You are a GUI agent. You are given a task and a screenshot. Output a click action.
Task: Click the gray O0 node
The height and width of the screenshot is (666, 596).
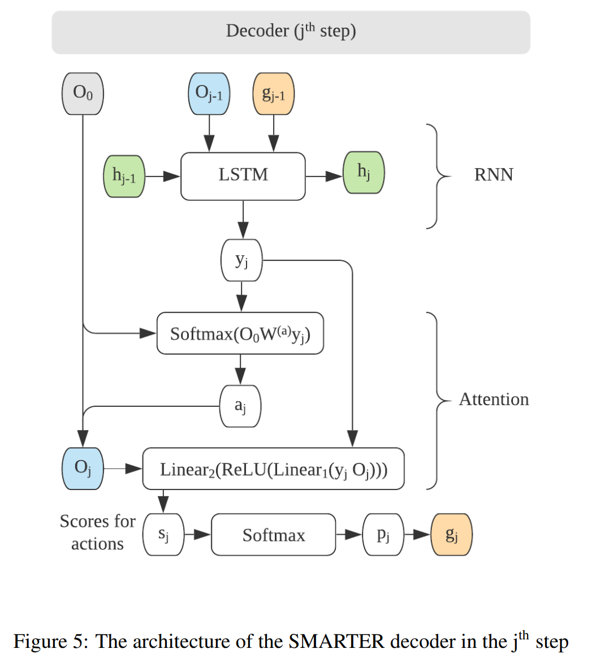83,93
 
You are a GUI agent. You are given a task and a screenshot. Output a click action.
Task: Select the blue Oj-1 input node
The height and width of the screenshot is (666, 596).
209,93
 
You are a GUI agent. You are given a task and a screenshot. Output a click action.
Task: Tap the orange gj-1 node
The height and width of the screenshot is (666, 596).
274,93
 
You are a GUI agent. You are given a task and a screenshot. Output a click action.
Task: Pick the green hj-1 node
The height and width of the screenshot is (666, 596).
124,177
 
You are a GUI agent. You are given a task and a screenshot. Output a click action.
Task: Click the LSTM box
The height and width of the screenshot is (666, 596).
243,176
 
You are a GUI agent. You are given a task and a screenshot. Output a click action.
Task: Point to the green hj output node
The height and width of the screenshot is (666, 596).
364,173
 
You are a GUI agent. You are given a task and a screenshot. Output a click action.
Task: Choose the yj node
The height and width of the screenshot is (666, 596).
241,260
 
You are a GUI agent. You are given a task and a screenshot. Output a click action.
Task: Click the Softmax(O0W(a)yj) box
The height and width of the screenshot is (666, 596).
240,333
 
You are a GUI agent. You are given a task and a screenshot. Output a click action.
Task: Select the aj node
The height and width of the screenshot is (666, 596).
240,406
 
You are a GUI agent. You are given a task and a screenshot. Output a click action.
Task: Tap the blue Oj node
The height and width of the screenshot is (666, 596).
83,469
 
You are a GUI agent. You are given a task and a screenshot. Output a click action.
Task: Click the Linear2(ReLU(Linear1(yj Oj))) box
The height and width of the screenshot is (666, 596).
274,469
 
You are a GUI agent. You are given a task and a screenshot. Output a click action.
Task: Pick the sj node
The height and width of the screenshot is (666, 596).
163,535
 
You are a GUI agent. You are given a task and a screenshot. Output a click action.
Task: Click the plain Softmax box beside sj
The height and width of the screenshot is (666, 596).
274,535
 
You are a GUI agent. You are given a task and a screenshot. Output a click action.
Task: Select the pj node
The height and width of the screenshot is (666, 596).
383,535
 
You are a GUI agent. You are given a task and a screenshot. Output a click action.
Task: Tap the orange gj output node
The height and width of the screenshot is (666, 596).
451,535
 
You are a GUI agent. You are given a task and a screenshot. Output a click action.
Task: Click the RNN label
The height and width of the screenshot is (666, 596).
494,174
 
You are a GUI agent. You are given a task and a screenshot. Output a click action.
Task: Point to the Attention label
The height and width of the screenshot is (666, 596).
494,399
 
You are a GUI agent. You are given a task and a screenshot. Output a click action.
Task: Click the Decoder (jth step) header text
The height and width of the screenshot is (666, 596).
291,31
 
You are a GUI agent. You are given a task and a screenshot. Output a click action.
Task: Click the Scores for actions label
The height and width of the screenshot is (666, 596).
97,532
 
